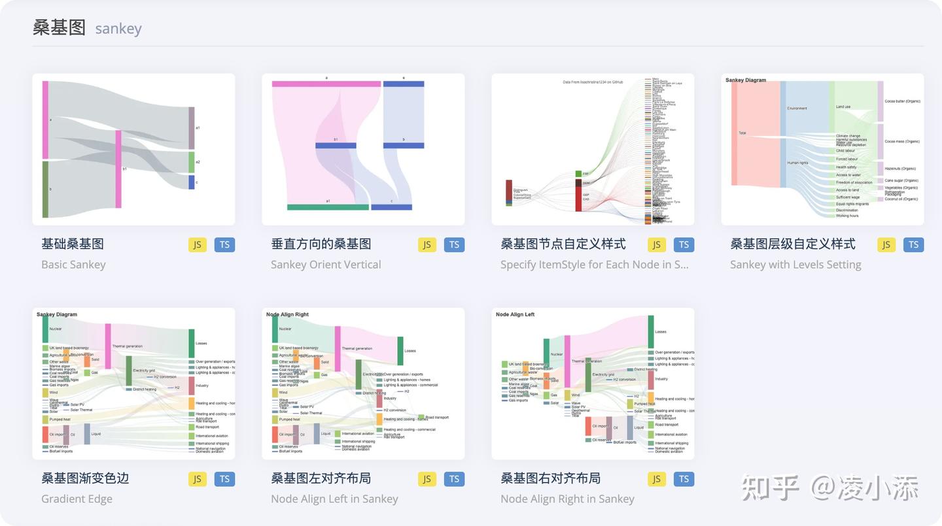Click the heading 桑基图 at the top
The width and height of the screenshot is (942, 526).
click(59, 27)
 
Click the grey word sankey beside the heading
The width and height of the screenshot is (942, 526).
click(118, 29)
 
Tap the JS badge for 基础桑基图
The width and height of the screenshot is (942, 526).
click(197, 244)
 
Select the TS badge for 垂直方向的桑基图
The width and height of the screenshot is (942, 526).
click(454, 244)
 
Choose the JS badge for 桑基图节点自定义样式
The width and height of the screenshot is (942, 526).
click(656, 244)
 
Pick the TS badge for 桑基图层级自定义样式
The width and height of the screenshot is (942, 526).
click(913, 244)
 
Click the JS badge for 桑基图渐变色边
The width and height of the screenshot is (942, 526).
click(197, 479)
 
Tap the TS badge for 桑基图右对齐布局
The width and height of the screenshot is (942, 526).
click(684, 479)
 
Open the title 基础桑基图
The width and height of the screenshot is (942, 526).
click(73, 244)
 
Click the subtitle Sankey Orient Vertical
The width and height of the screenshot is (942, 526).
click(326, 265)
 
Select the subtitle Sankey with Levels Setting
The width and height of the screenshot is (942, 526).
click(795, 265)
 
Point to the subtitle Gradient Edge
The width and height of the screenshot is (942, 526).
click(77, 499)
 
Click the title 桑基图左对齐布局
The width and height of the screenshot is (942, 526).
click(321, 478)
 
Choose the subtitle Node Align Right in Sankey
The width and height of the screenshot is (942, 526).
click(567, 499)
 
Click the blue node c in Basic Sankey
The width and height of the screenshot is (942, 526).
click(192, 182)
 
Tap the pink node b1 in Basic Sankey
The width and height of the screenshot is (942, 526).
click(118, 169)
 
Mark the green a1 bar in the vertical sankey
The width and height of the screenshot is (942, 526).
click(328, 207)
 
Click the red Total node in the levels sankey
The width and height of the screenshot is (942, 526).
click(734, 133)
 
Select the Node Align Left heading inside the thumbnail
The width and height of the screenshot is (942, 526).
click(515, 314)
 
